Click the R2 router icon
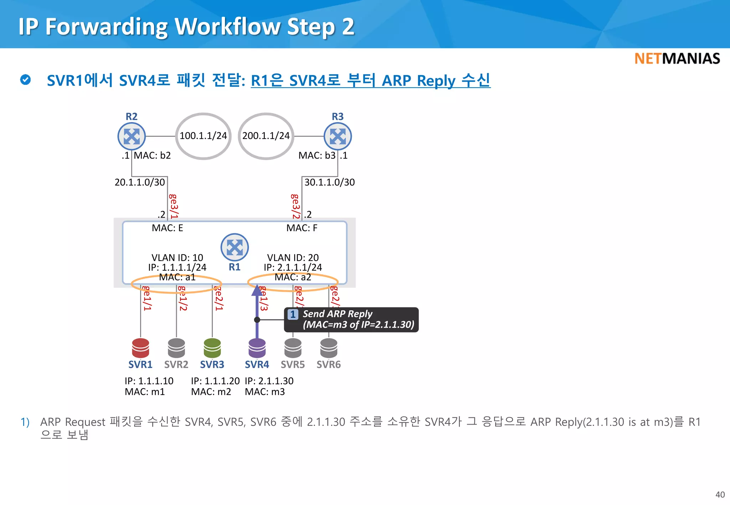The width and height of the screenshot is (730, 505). [x=132, y=136]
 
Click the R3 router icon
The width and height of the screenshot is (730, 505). [x=338, y=136]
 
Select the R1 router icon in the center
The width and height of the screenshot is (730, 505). [x=235, y=247]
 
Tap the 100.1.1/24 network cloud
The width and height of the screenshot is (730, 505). [x=203, y=136]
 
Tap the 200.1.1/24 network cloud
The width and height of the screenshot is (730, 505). [x=266, y=136]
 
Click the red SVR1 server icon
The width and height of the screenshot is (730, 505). [x=140, y=348]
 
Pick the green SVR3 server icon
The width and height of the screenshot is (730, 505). [x=212, y=348]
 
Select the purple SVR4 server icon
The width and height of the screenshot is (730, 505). [x=257, y=348]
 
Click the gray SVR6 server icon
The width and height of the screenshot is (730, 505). [x=329, y=348]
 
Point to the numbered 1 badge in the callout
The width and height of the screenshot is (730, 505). [x=293, y=314]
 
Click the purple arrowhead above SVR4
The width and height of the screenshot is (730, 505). [x=257, y=290]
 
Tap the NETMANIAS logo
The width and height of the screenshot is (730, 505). [x=677, y=59]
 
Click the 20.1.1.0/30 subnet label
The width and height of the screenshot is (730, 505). [x=140, y=182]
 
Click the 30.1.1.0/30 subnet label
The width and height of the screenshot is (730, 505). [x=329, y=182]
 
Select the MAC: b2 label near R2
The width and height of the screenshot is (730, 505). [x=152, y=156]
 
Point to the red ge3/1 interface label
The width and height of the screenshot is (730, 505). [x=174, y=206]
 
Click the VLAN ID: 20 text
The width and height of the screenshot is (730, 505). [x=293, y=257]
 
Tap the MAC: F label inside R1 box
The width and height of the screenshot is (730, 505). [x=302, y=228]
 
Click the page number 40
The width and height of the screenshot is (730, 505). [x=720, y=495]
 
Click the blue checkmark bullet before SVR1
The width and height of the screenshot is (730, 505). [x=25, y=80]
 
